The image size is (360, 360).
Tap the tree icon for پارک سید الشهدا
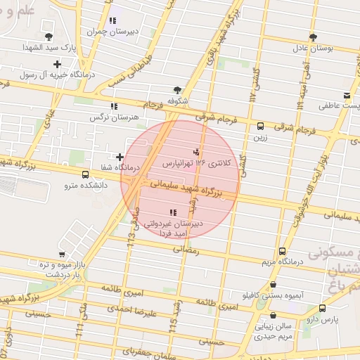point(48,37)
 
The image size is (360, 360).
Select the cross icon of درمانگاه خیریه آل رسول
point(57,65)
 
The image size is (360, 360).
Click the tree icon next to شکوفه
point(176,90)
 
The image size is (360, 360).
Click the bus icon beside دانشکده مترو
point(85,174)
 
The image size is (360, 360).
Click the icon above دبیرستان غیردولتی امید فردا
point(173,212)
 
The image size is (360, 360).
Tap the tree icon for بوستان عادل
point(313,37)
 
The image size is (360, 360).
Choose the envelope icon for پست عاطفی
point(347,96)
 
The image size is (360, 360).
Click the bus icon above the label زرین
point(261,127)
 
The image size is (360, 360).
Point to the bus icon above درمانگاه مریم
point(282,251)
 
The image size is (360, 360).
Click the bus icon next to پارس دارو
point(322,308)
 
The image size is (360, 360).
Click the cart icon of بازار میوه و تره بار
point(62,255)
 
